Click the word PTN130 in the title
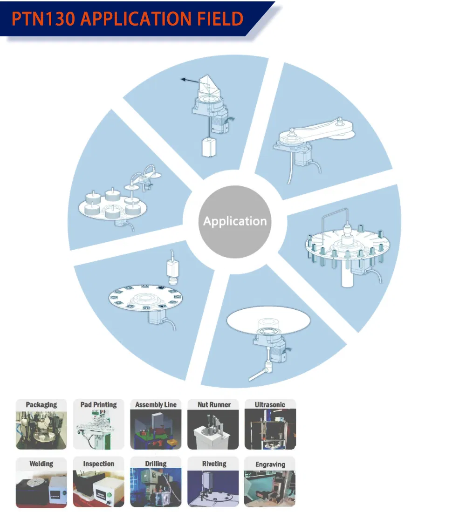pos(43,19)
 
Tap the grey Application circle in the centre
pos(235,222)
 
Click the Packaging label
pos(41,404)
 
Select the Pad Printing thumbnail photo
pos(98,430)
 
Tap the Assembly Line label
pos(156,404)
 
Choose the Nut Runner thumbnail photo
pos(213,430)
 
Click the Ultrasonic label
pos(270,404)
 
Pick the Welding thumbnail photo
pos(41,489)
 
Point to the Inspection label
pos(99,464)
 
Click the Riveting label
pos(214,464)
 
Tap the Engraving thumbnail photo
pos(270,489)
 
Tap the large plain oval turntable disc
pos(268,321)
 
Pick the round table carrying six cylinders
pos(112,207)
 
